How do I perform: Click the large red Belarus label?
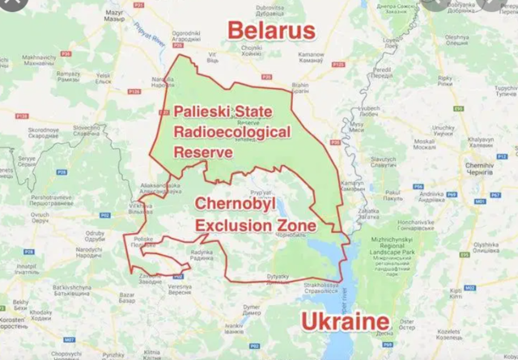point(270,31)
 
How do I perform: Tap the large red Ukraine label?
point(345,322)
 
